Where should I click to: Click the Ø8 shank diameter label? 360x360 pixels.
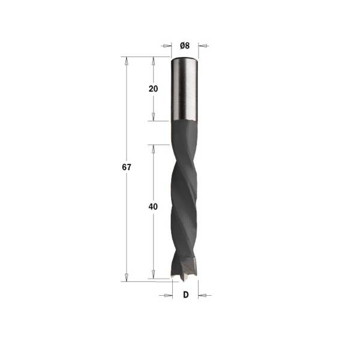pyautogui.click(x=185, y=46)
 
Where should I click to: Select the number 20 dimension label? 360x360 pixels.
pyautogui.click(x=153, y=89)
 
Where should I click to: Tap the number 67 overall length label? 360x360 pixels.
pyautogui.click(x=127, y=167)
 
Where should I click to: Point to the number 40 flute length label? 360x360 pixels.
pyautogui.click(x=153, y=206)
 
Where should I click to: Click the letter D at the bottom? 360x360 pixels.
pyautogui.click(x=186, y=295)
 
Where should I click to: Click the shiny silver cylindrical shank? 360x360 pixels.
pyautogui.click(x=184, y=89)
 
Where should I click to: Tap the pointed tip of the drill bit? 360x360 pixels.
pyautogui.click(x=182, y=281)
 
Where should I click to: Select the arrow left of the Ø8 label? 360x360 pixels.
pyautogui.click(x=166, y=46)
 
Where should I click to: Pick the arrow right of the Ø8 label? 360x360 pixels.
pyautogui.click(x=203, y=46)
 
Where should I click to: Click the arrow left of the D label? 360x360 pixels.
pyautogui.click(x=166, y=295)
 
